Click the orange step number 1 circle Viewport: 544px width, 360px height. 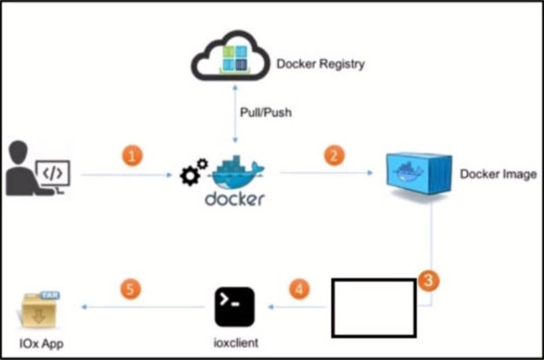(132, 156)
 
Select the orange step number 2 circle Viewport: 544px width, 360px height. (334, 155)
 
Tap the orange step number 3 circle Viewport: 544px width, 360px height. (428, 280)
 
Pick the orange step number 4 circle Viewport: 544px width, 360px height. (299, 289)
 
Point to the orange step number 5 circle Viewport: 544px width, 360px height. (131, 289)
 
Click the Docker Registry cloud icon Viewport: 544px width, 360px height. (230, 55)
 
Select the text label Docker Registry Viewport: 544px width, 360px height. (320, 64)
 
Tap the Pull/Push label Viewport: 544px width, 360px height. (266, 112)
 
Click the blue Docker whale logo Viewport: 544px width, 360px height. (238, 172)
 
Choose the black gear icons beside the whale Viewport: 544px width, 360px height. (194, 172)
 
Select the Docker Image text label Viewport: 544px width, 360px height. (498, 174)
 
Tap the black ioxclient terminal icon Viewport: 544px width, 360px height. (235, 306)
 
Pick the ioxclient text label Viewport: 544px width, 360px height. (236, 343)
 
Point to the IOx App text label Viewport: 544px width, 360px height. (42, 344)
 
